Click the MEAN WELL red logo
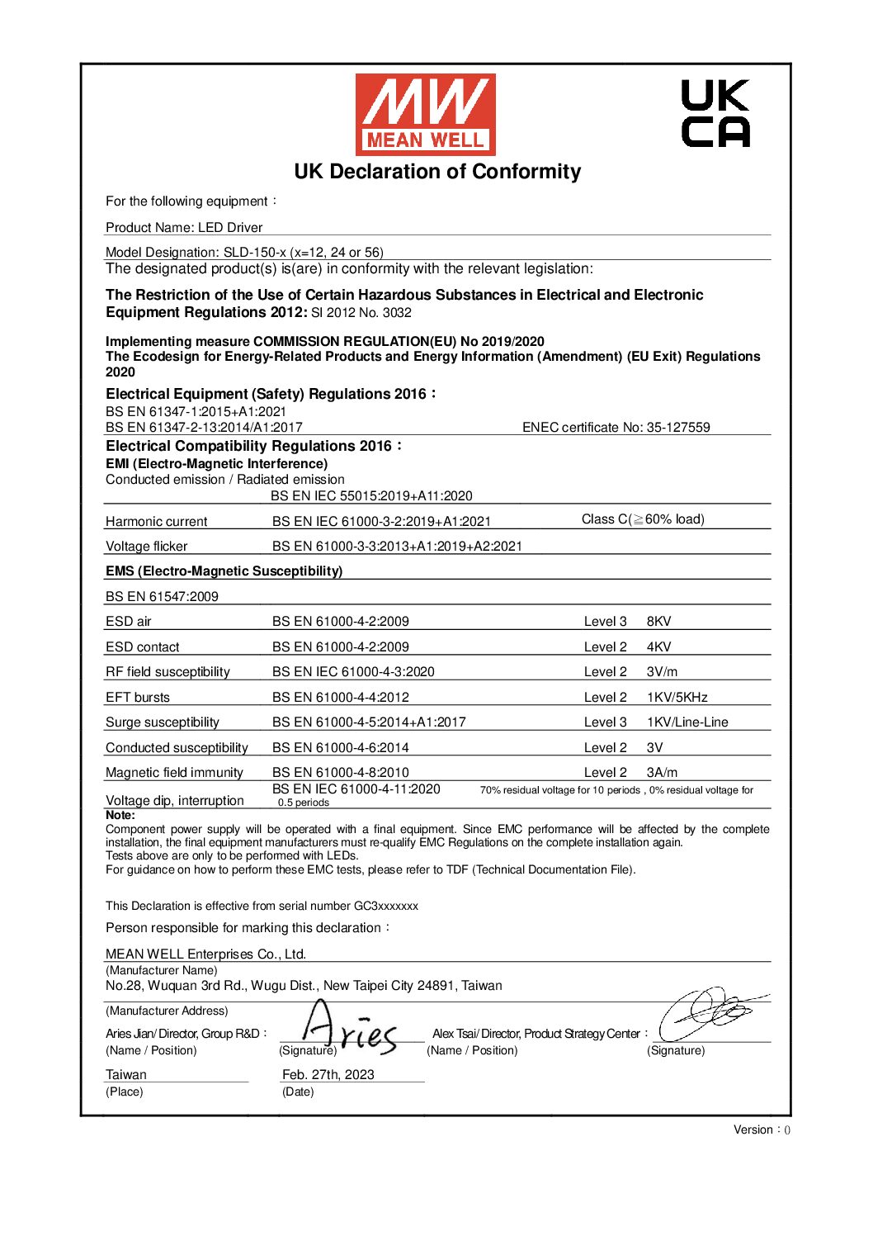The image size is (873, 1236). point(425,114)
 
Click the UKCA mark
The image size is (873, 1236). point(715,113)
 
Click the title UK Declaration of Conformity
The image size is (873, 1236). point(437,172)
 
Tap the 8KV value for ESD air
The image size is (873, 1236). point(658,622)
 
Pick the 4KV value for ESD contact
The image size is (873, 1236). point(658,647)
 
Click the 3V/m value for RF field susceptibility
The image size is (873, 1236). point(662,672)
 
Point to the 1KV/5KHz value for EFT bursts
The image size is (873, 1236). point(677,698)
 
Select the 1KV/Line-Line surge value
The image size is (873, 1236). point(687,722)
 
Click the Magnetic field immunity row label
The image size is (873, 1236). point(174,773)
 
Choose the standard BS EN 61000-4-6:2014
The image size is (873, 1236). point(340,748)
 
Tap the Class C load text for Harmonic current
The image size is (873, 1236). point(643,519)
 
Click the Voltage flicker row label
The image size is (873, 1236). point(146,547)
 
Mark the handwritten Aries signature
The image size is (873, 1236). point(347,1030)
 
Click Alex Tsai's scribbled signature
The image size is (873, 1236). point(710,1013)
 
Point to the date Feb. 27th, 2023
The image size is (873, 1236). point(328,1075)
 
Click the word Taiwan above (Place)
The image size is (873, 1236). point(126,1075)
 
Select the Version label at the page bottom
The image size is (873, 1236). point(762,1129)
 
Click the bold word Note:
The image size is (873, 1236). point(120,815)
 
